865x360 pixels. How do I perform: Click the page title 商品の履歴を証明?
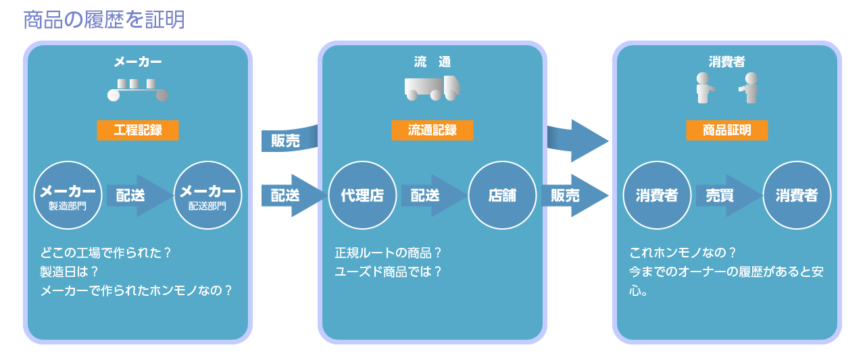pyautogui.click(x=103, y=20)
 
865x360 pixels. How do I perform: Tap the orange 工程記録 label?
pyautogui.click(x=137, y=130)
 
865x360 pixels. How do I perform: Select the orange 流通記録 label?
pyautogui.click(x=432, y=130)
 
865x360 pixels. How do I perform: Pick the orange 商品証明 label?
pyautogui.click(x=727, y=130)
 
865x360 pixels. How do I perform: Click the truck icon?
pyautogui.click(x=432, y=88)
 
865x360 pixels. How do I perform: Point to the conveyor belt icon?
pyautogui.click(x=137, y=90)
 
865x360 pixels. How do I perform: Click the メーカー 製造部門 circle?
pyautogui.click(x=68, y=195)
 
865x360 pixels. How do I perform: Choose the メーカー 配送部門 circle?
pyautogui.click(x=207, y=195)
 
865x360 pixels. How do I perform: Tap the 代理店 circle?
pyautogui.click(x=362, y=195)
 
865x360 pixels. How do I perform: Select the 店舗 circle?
pyautogui.click(x=501, y=195)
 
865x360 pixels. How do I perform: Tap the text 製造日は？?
pyautogui.click(x=69, y=272)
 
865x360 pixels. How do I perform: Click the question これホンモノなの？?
pyautogui.click(x=683, y=253)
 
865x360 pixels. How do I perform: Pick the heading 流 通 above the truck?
pyautogui.click(x=432, y=62)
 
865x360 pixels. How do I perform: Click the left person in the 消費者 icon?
pyautogui.click(x=705, y=88)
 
